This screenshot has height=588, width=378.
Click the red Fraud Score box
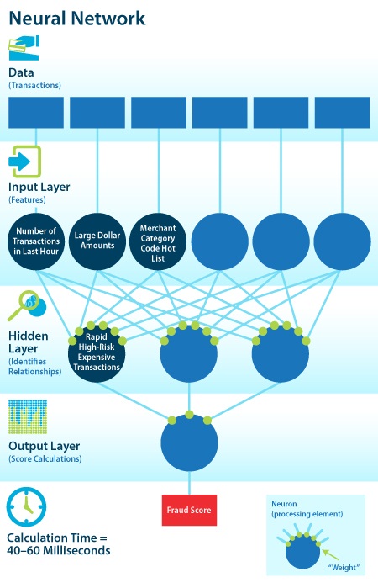coord(189,510)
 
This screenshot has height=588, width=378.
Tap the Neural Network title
coord(76,18)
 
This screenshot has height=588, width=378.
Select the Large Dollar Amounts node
coord(97,241)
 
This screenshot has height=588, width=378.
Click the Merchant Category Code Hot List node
coord(158,241)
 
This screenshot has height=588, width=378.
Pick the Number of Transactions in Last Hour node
coord(36,241)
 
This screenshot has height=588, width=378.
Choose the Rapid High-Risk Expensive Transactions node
coord(97,353)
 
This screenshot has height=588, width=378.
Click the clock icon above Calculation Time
coord(26,506)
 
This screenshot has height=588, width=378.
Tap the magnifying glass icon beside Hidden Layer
coord(26,305)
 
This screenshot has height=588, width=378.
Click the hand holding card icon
coord(24,48)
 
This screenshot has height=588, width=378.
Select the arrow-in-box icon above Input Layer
coord(24,162)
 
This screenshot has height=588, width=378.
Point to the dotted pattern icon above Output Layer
coord(28,416)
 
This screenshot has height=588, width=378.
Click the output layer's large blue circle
coord(189,442)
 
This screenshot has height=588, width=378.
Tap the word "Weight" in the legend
coord(344,567)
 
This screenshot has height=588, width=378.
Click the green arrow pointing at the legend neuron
coord(330,554)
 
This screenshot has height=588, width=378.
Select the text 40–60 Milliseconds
coord(59,550)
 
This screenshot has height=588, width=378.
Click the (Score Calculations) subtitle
coord(45,458)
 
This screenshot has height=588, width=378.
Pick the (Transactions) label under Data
coord(34,85)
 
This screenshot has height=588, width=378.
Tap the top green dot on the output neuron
coord(189,415)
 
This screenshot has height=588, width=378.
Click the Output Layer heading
coord(45,446)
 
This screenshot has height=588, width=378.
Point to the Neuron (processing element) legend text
coord(307,509)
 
